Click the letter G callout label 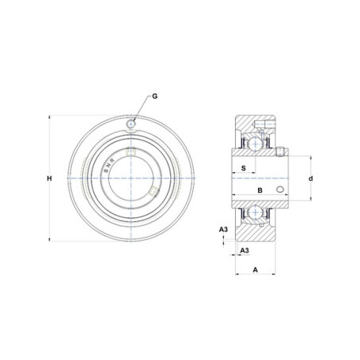[155, 96]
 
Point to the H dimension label [49, 178]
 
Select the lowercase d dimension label [311, 178]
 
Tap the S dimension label [244, 168]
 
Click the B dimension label [260, 190]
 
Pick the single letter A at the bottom [255, 270]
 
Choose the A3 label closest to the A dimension [245, 250]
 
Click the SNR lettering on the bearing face [109, 166]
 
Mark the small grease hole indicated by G [131, 123]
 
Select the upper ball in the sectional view [255, 143]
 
